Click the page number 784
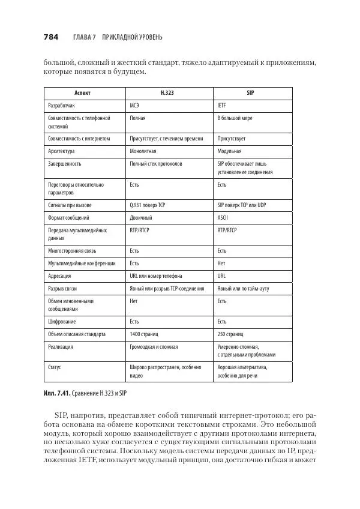50,37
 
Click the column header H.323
167,94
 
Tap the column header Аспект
85,94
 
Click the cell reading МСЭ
136,105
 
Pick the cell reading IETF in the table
221,105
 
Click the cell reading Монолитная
143,151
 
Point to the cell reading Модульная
229,151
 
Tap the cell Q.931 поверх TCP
148,205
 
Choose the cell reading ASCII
223,217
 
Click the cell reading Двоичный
141,217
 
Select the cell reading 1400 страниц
146,334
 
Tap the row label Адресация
59,276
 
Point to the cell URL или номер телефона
156,276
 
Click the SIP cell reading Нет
221,263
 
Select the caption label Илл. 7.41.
57,393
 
